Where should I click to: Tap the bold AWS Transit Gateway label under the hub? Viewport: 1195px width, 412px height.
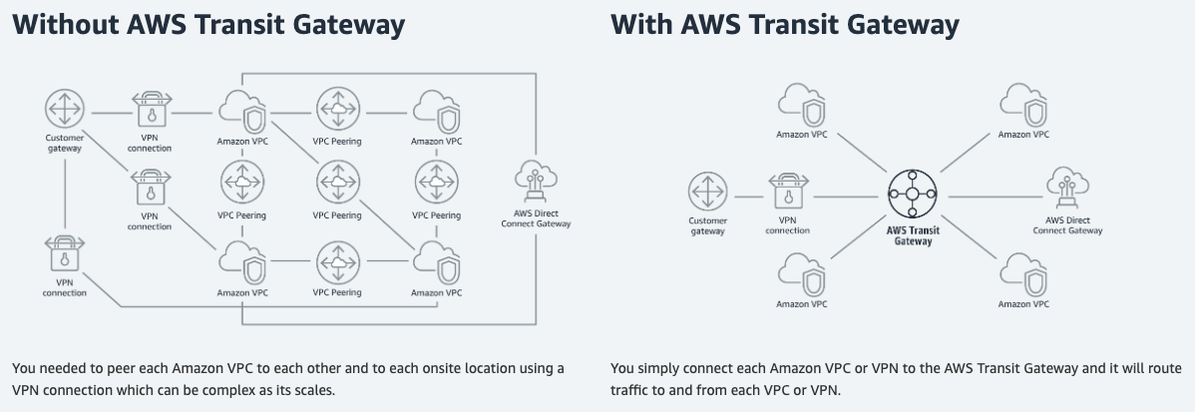coord(915,234)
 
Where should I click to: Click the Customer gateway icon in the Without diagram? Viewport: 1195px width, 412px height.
coord(65,107)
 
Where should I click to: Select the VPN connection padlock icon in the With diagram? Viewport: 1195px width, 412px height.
coord(788,193)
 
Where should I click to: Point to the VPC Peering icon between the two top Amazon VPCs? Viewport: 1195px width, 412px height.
coord(337,108)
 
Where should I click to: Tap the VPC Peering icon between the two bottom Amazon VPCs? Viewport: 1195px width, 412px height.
coord(337,261)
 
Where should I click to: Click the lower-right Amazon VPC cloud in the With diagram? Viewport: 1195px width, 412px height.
coord(1023,274)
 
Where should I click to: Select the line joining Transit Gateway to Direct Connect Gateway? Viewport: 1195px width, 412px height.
coord(993,196)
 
